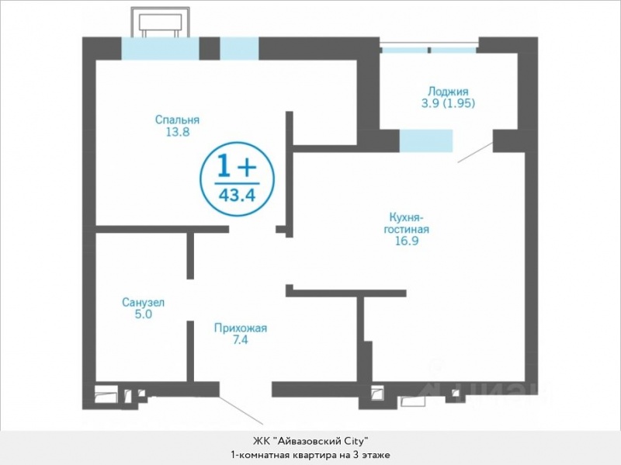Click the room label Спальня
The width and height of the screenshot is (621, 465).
tap(177, 120)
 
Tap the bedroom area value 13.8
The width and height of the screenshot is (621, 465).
tap(178, 132)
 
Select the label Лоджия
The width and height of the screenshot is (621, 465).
tap(448, 92)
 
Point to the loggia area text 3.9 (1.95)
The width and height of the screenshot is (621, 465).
tap(448, 103)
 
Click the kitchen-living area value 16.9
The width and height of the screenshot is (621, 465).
tap(407, 241)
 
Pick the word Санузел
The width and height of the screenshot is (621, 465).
tap(144, 303)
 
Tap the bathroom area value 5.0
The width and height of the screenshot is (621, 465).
tap(144, 314)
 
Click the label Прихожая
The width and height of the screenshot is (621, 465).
tap(241, 328)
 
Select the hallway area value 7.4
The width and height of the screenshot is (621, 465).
tap(241, 340)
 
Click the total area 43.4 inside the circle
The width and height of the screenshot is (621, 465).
tap(238, 195)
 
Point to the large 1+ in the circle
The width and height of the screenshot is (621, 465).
tap(237, 167)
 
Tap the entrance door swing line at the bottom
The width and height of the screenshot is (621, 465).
tap(241, 410)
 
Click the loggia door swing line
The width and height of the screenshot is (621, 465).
tap(475, 152)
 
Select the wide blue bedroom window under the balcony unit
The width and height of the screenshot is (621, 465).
tap(160, 48)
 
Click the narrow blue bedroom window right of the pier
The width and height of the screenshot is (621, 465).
tap(239, 48)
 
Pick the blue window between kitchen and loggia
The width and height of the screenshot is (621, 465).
tap(425, 141)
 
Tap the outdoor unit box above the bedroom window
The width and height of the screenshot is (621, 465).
tap(161, 23)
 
